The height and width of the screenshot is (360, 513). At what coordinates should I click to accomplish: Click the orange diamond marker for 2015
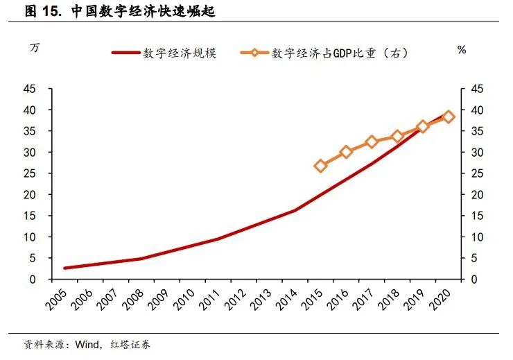click(321, 166)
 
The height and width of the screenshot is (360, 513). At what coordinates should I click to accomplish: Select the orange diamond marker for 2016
click(347, 152)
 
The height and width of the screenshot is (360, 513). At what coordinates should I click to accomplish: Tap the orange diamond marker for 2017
click(372, 142)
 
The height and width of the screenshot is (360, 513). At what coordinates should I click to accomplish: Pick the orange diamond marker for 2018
click(397, 136)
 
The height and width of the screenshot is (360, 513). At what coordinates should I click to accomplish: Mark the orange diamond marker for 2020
click(449, 117)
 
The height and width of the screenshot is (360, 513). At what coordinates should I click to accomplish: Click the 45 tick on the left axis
click(30, 89)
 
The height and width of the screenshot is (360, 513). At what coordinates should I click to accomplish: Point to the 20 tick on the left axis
click(30, 195)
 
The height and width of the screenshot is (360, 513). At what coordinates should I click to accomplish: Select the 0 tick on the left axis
click(33, 280)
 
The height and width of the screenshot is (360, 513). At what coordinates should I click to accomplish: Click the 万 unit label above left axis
click(35, 49)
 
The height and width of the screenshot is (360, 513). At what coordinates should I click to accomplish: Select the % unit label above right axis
click(462, 50)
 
